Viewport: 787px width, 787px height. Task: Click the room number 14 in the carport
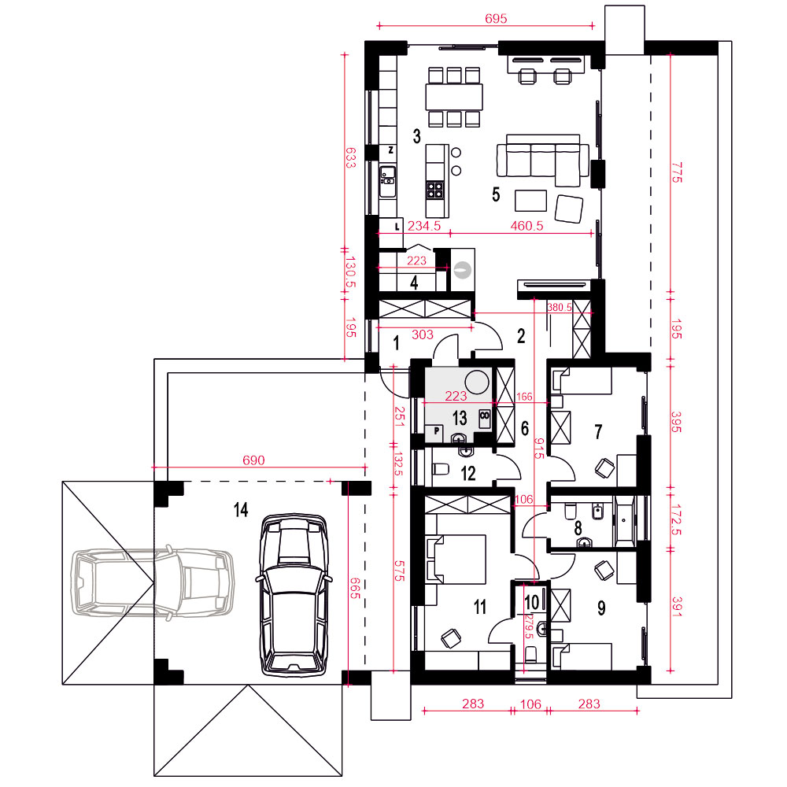tap(241, 510)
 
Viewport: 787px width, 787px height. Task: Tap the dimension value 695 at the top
tap(496, 19)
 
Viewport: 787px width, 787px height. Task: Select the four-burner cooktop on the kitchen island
tap(434, 189)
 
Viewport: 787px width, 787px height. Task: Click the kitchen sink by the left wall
tap(387, 181)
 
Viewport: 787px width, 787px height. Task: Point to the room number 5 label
tap(496, 194)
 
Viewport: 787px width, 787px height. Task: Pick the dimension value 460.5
tap(527, 226)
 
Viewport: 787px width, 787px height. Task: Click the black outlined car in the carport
tap(294, 594)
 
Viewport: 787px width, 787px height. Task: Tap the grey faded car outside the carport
tap(153, 582)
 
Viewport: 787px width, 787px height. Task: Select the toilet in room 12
tap(440, 469)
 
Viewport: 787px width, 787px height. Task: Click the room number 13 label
tap(460, 418)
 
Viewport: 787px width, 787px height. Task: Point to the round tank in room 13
tap(477, 382)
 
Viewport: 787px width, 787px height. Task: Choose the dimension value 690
tap(253, 460)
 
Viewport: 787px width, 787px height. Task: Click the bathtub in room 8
tap(625, 521)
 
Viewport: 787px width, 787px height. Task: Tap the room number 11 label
tap(480, 608)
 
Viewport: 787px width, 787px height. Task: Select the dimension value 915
tap(540, 449)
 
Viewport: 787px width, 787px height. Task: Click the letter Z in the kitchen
tap(391, 150)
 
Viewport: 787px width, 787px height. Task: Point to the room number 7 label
tap(598, 431)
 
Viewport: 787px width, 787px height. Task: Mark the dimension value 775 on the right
tap(677, 172)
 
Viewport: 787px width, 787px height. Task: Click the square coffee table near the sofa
tap(530, 200)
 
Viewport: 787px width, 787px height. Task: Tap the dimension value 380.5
tap(559, 307)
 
